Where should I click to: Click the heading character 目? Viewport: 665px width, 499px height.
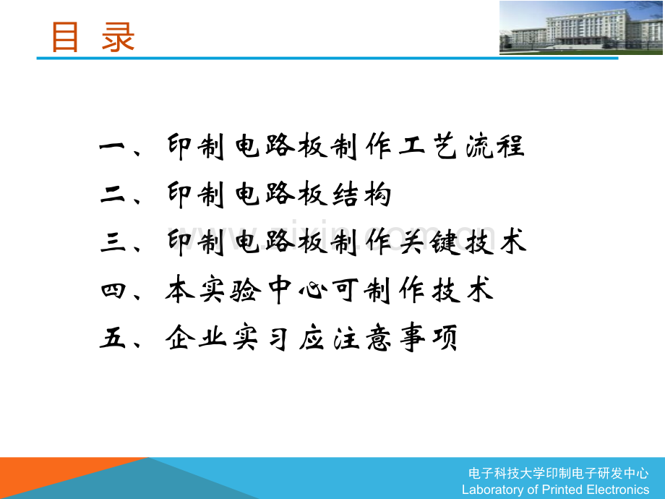(x=64, y=37)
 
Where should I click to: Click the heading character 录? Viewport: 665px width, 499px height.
(x=119, y=37)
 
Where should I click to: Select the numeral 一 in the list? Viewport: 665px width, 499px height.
(x=113, y=148)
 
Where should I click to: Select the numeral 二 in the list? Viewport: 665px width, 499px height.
(x=113, y=195)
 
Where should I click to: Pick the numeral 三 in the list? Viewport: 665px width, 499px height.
(x=113, y=242)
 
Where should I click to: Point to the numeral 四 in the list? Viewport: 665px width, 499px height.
(x=113, y=291)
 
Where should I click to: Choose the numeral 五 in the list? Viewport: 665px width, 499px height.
(x=113, y=338)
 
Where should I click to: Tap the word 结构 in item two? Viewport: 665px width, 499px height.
(x=361, y=195)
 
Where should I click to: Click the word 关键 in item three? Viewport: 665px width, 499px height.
(x=425, y=242)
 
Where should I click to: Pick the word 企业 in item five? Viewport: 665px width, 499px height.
(x=198, y=338)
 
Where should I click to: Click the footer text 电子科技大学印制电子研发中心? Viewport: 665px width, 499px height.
(x=559, y=474)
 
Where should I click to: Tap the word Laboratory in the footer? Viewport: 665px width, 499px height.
(x=494, y=490)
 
